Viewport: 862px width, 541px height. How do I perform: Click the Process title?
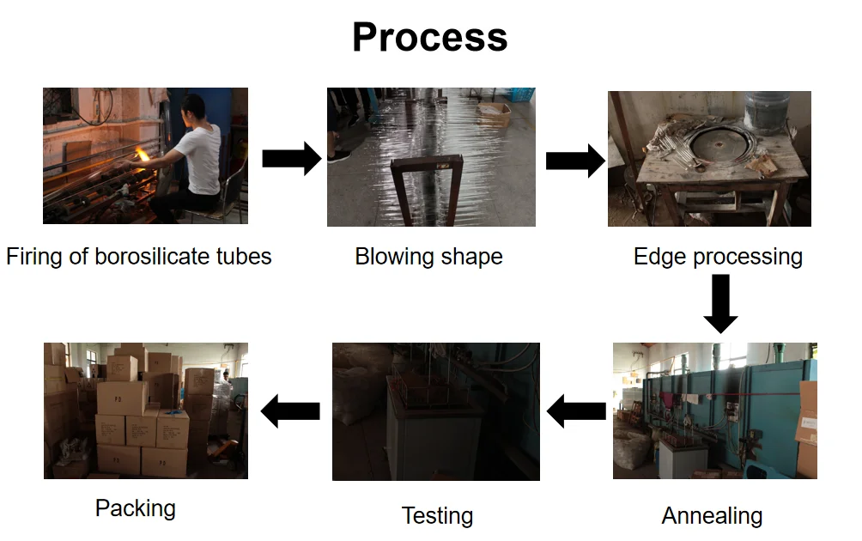(x=429, y=37)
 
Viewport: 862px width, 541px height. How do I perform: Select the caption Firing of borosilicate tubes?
(x=138, y=256)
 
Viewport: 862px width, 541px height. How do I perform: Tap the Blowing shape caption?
(x=428, y=256)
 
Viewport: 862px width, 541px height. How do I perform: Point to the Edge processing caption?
(x=718, y=256)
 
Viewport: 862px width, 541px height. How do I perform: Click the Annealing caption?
(x=712, y=516)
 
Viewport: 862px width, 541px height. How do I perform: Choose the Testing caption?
(x=437, y=516)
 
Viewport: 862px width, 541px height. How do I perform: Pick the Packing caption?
(x=135, y=508)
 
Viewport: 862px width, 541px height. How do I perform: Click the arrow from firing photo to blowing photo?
(x=291, y=159)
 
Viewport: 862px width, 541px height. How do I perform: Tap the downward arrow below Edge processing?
(x=719, y=303)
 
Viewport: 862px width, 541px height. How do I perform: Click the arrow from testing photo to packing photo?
(x=290, y=411)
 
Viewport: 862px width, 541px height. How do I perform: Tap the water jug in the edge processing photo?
(x=765, y=110)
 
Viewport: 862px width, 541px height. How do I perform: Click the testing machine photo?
(x=435, y=411)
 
